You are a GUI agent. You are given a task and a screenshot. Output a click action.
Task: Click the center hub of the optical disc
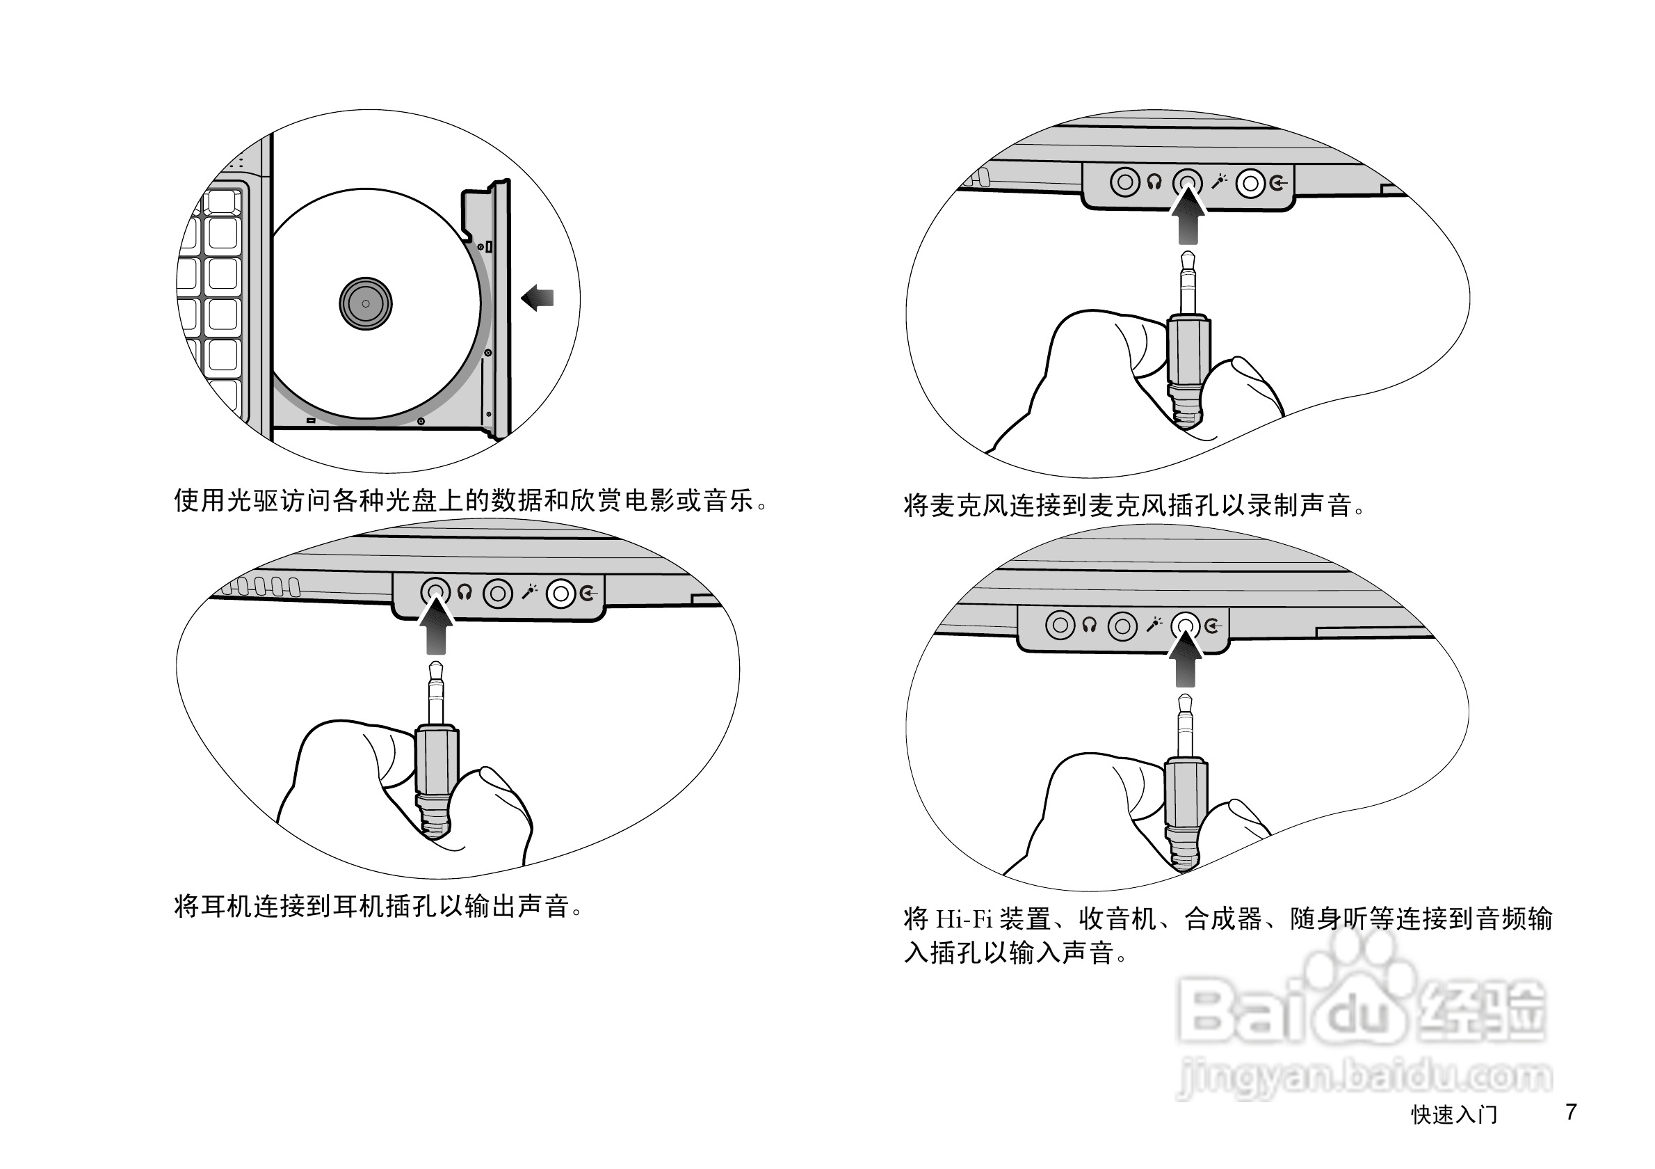366,303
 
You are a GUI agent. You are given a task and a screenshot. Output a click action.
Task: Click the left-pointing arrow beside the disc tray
538,297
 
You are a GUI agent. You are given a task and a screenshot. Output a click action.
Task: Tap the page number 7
1571,1111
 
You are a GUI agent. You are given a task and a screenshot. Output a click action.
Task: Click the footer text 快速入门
1454,1114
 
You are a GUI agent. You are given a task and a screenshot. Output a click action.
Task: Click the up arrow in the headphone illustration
435,628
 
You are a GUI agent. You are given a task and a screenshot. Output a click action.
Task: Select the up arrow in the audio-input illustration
1185,660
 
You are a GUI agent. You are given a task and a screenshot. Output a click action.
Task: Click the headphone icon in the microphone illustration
1154,182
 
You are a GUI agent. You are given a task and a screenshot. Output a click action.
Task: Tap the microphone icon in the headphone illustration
530,592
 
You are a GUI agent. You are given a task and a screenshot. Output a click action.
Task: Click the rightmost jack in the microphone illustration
1250,183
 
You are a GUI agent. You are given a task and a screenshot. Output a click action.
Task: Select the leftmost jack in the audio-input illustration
1060,626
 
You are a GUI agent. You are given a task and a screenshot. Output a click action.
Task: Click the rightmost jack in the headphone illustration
560,594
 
